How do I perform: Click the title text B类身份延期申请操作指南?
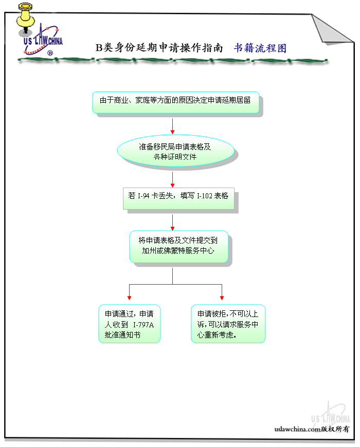point(159,48)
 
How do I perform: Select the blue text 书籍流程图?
point(260,48)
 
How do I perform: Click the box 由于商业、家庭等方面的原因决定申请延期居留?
point(175,101)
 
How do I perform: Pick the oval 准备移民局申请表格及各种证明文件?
point(175,151)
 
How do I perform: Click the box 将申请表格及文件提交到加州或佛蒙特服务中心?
point(178,247)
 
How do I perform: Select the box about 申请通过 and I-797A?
point(129,324)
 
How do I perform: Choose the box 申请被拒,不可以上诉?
point(228,324)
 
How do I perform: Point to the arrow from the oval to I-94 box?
point(172,179)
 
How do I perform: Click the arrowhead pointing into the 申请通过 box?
point(129,297)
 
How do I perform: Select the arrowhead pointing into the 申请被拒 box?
point(222,297)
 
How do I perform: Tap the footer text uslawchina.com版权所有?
point(312,429)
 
